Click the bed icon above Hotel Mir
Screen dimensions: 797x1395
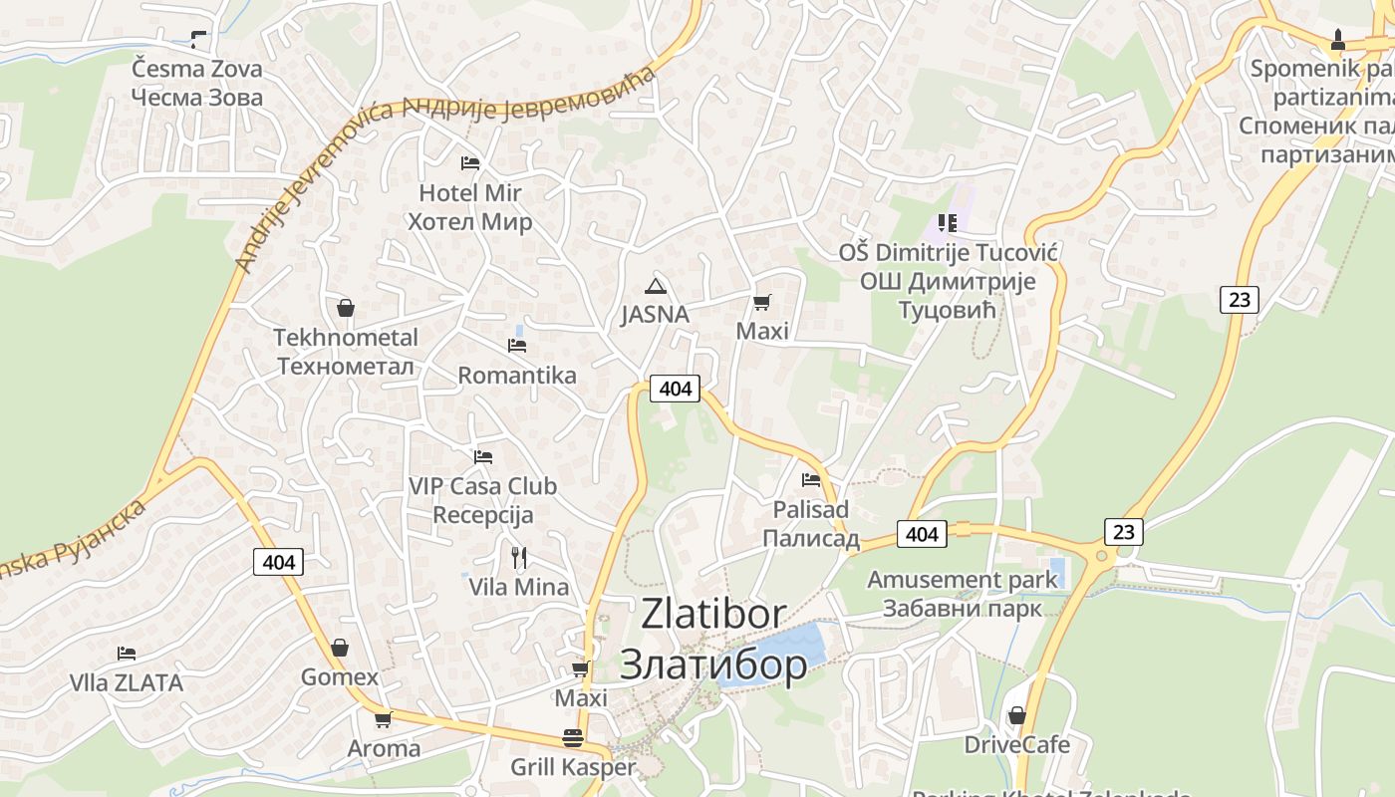click(x=470, y=162)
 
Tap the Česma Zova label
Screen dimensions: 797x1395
click(x=197, y=69)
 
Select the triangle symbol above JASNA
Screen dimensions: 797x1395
click(x=655, y=287)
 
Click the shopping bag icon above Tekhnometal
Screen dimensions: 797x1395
click(x=346, y=308)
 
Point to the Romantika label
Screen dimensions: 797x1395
click(x=516, y=376)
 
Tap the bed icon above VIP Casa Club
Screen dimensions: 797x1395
click(x=483, y=457)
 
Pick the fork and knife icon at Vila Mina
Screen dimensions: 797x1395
click(x=518, y=557)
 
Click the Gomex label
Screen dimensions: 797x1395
click(x=340, y=677)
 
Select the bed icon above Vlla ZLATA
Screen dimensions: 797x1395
click(x=127, y=654)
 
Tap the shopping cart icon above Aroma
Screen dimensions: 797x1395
click(x=383, y=719)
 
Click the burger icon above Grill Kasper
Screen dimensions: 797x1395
click(x=573, y=738)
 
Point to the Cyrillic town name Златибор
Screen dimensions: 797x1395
click(x=712, y=664)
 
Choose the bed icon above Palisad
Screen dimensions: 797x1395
click(x=811, y=480)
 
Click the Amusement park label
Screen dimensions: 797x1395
click(x=962, y=580)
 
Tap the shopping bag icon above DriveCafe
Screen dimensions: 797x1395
click(x=1016, y=715)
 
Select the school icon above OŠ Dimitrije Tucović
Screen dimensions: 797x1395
click(x=947, y=223)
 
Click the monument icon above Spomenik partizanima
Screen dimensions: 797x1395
click(x=1337, y=40)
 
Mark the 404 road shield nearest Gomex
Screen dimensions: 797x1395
click(x=279, y=562)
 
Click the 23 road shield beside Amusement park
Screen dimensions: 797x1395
click(x=1123, y=531)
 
